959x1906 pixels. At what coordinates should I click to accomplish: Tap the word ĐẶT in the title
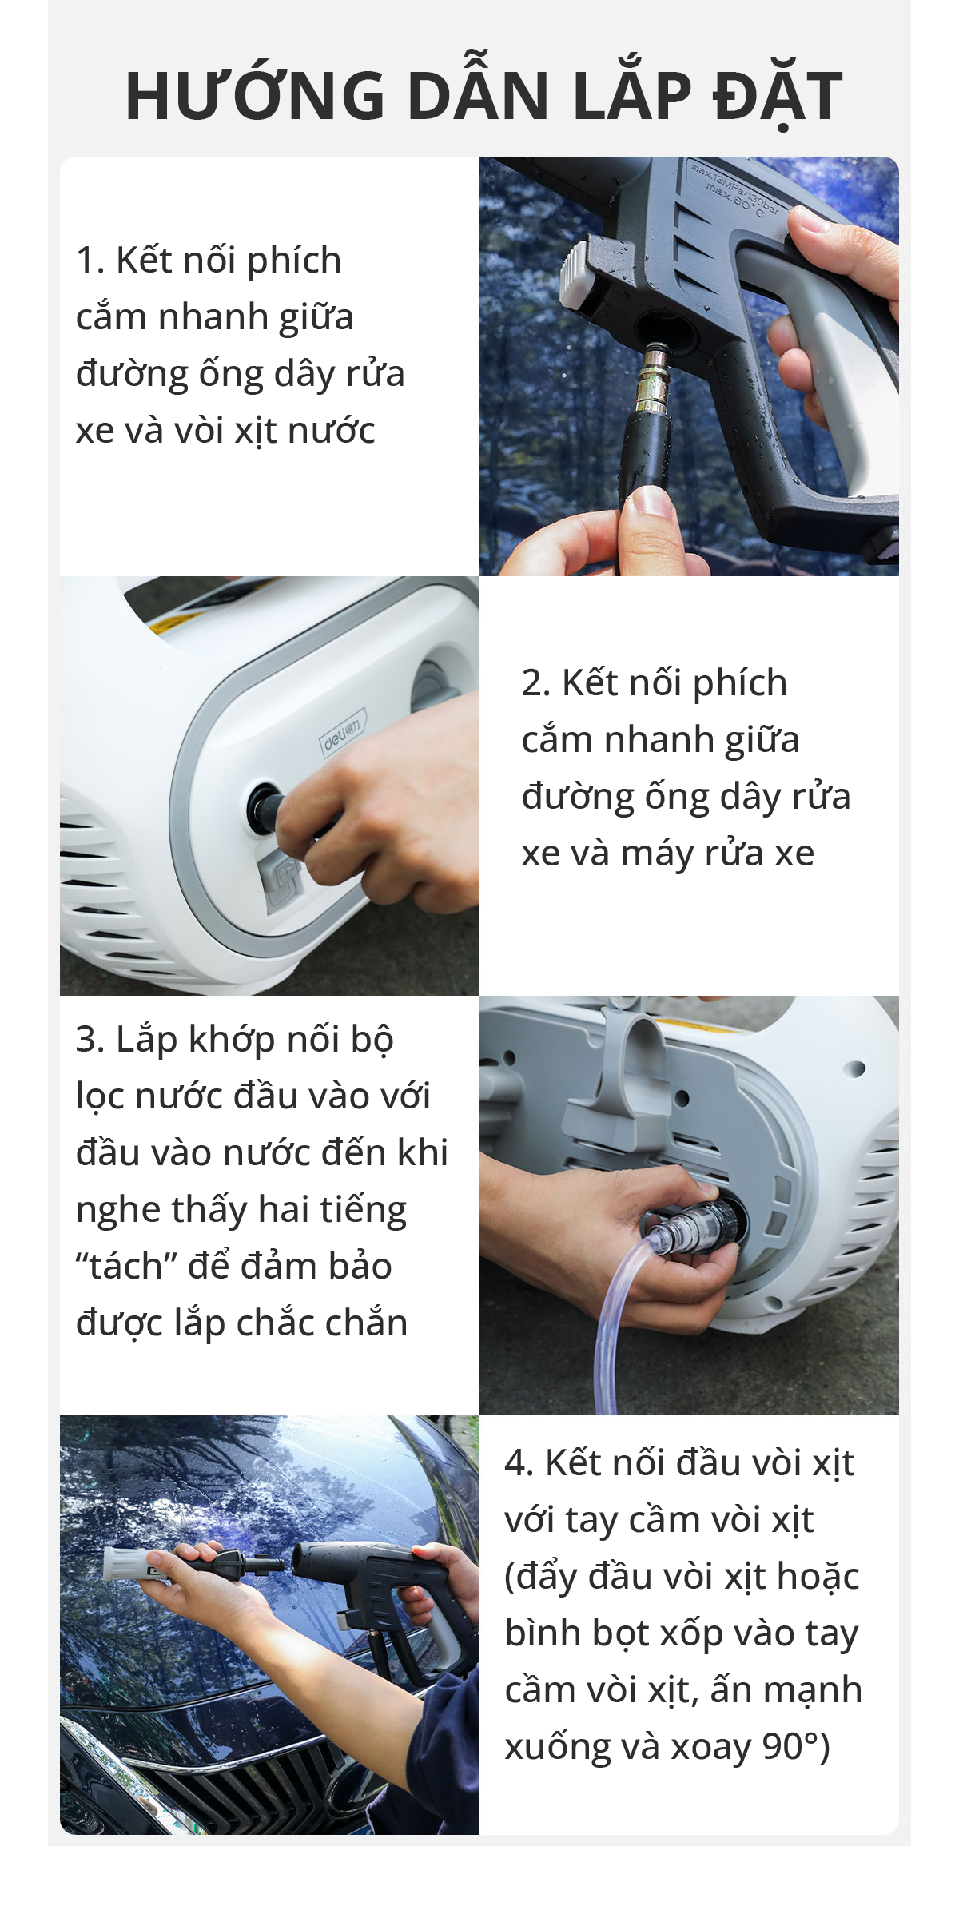778,96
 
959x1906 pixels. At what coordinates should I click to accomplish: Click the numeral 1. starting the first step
90,261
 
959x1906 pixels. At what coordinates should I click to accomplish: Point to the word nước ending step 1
332,431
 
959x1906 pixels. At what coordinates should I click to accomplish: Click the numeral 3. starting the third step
90,1040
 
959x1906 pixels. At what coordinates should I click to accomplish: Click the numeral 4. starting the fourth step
519,1463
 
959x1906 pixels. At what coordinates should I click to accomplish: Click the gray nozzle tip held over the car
126,1563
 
